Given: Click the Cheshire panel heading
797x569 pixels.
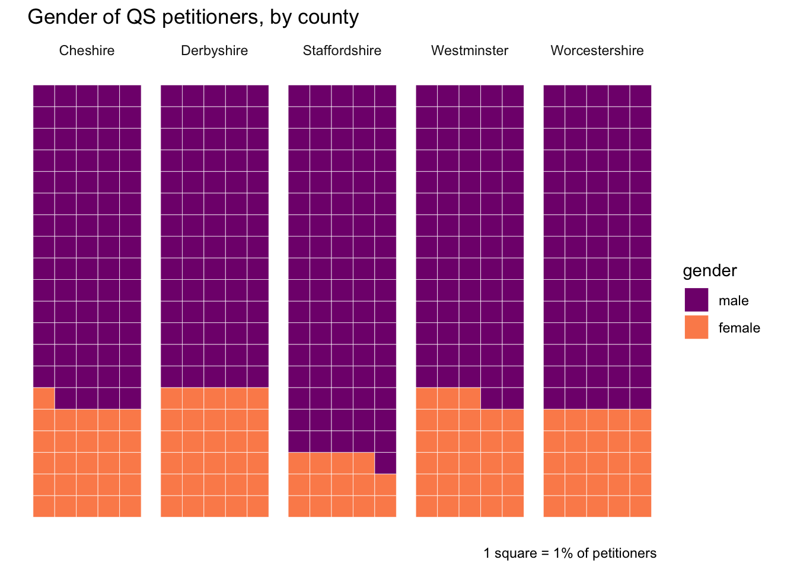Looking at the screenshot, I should pos(87,51).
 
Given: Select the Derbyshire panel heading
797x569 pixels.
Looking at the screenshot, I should pos(214,51).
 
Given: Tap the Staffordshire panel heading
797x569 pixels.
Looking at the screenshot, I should pos(342,51).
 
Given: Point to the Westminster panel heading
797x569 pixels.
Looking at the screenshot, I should pos(470,51).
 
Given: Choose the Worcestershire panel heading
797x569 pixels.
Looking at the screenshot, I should pos(597,51).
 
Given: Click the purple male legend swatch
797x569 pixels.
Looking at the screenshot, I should pos(696,300).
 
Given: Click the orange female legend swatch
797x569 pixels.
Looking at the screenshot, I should pos(696,327).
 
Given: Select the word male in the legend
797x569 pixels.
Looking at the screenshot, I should pos(734,301).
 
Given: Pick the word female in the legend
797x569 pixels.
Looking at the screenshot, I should pos(739,328).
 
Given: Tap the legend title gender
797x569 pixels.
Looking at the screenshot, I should pos(710,271).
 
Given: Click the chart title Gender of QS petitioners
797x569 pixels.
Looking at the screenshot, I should pos(193,17).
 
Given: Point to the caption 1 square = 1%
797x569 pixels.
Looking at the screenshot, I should pos(570,554).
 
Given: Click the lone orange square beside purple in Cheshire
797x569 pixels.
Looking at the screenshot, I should pos(44,398).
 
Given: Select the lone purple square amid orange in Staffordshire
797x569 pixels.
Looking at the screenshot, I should pos(385,463).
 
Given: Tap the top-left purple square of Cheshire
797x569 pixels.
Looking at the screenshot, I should pos(44,96).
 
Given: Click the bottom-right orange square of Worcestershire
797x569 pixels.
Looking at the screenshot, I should pos(640,506).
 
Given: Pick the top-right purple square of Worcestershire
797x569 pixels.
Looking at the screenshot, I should pos(640,96).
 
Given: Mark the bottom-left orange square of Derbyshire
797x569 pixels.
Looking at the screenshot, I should pos(171,506).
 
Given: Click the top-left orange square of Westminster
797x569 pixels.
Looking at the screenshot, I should pos(426,398).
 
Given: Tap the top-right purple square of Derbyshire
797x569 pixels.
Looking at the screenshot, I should pos(258,96).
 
